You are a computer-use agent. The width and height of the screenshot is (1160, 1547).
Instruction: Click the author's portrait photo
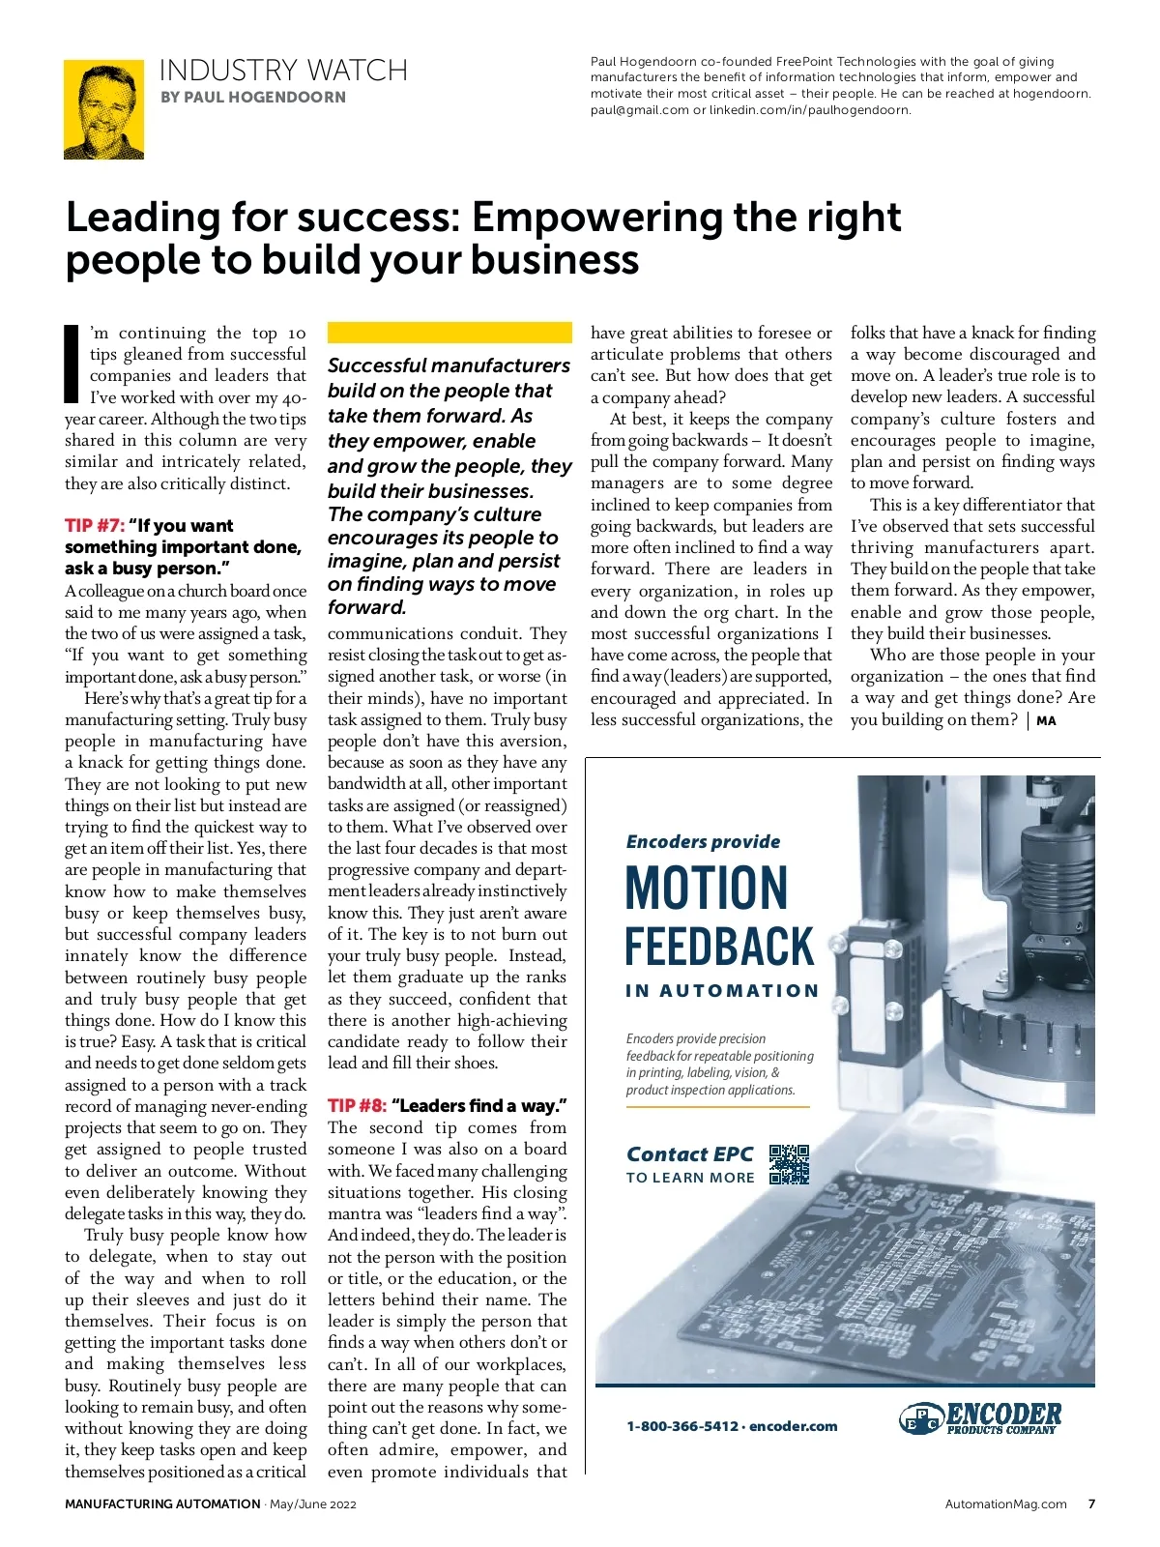pos(103,109)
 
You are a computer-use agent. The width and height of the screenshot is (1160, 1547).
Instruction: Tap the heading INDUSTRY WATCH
pos(283,71)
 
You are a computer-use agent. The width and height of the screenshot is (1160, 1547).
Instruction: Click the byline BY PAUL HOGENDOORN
pos(253,97)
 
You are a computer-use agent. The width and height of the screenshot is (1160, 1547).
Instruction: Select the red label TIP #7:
pos(95,526)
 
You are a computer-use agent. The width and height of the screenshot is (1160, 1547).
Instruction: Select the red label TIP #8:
pos(357,1106)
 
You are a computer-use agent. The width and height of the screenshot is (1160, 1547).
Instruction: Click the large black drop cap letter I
pos(71,364)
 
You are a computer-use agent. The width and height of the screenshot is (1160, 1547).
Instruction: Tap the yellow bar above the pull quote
pos(445,333)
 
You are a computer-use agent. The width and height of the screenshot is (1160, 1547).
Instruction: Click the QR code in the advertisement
pos(789,1164)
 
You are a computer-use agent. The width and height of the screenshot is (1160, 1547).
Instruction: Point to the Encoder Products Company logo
pos(980,1418)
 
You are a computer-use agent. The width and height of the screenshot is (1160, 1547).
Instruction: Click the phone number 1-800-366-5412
pos(682,1426)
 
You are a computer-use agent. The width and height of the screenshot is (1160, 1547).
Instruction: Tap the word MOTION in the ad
pos(707,888)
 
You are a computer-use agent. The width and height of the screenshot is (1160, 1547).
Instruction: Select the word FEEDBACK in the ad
pos(720,947)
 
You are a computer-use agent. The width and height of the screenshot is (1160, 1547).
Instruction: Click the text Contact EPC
pos(689,1154)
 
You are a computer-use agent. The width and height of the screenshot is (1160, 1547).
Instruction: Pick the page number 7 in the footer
pos(1091,1503)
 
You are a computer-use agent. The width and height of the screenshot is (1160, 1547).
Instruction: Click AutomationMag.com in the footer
pos(1005,1503)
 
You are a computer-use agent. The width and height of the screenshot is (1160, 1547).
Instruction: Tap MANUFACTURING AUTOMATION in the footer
pos(162,1503)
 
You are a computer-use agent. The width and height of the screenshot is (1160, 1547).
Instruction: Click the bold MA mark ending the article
pos(1046,720)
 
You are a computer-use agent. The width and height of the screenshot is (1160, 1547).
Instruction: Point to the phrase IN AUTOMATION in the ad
pos(722,991)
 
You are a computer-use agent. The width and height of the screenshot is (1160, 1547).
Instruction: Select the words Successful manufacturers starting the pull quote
pos(449,365)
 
